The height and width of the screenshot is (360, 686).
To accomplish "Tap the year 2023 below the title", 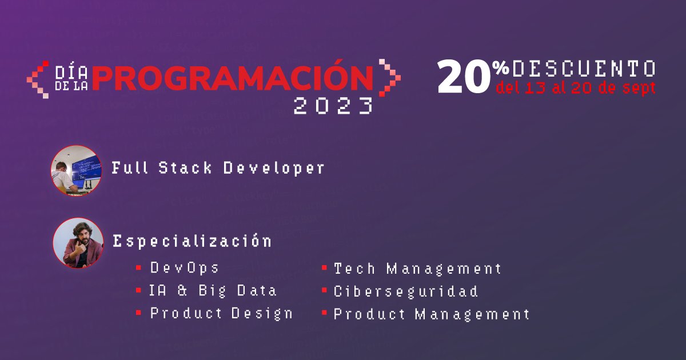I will click(333, 106).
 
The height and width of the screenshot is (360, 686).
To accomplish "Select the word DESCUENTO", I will click(584, 69).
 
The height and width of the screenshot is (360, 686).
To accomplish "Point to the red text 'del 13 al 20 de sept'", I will click(576, 89).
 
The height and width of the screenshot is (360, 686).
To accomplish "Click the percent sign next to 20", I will click(501, 68).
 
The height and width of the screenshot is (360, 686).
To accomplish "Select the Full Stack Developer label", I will click(218, 168).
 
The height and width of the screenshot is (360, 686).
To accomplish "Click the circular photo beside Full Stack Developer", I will click(76, 170).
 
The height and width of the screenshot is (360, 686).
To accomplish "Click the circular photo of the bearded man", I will click(78, 243).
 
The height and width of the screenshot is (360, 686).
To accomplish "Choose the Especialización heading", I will click(192, 241).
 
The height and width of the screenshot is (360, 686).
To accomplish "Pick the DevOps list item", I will click(185, 267).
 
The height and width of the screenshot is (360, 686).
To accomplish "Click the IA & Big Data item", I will click(213, 290).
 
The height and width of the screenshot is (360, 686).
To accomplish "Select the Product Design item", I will click(221, 313).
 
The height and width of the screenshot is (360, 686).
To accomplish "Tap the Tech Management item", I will click(417, 268).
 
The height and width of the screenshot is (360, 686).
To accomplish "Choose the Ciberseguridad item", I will click(406, 291).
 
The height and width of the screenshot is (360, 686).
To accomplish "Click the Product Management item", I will click(432, 314).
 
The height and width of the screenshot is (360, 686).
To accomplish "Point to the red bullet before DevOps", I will click(139, 267).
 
